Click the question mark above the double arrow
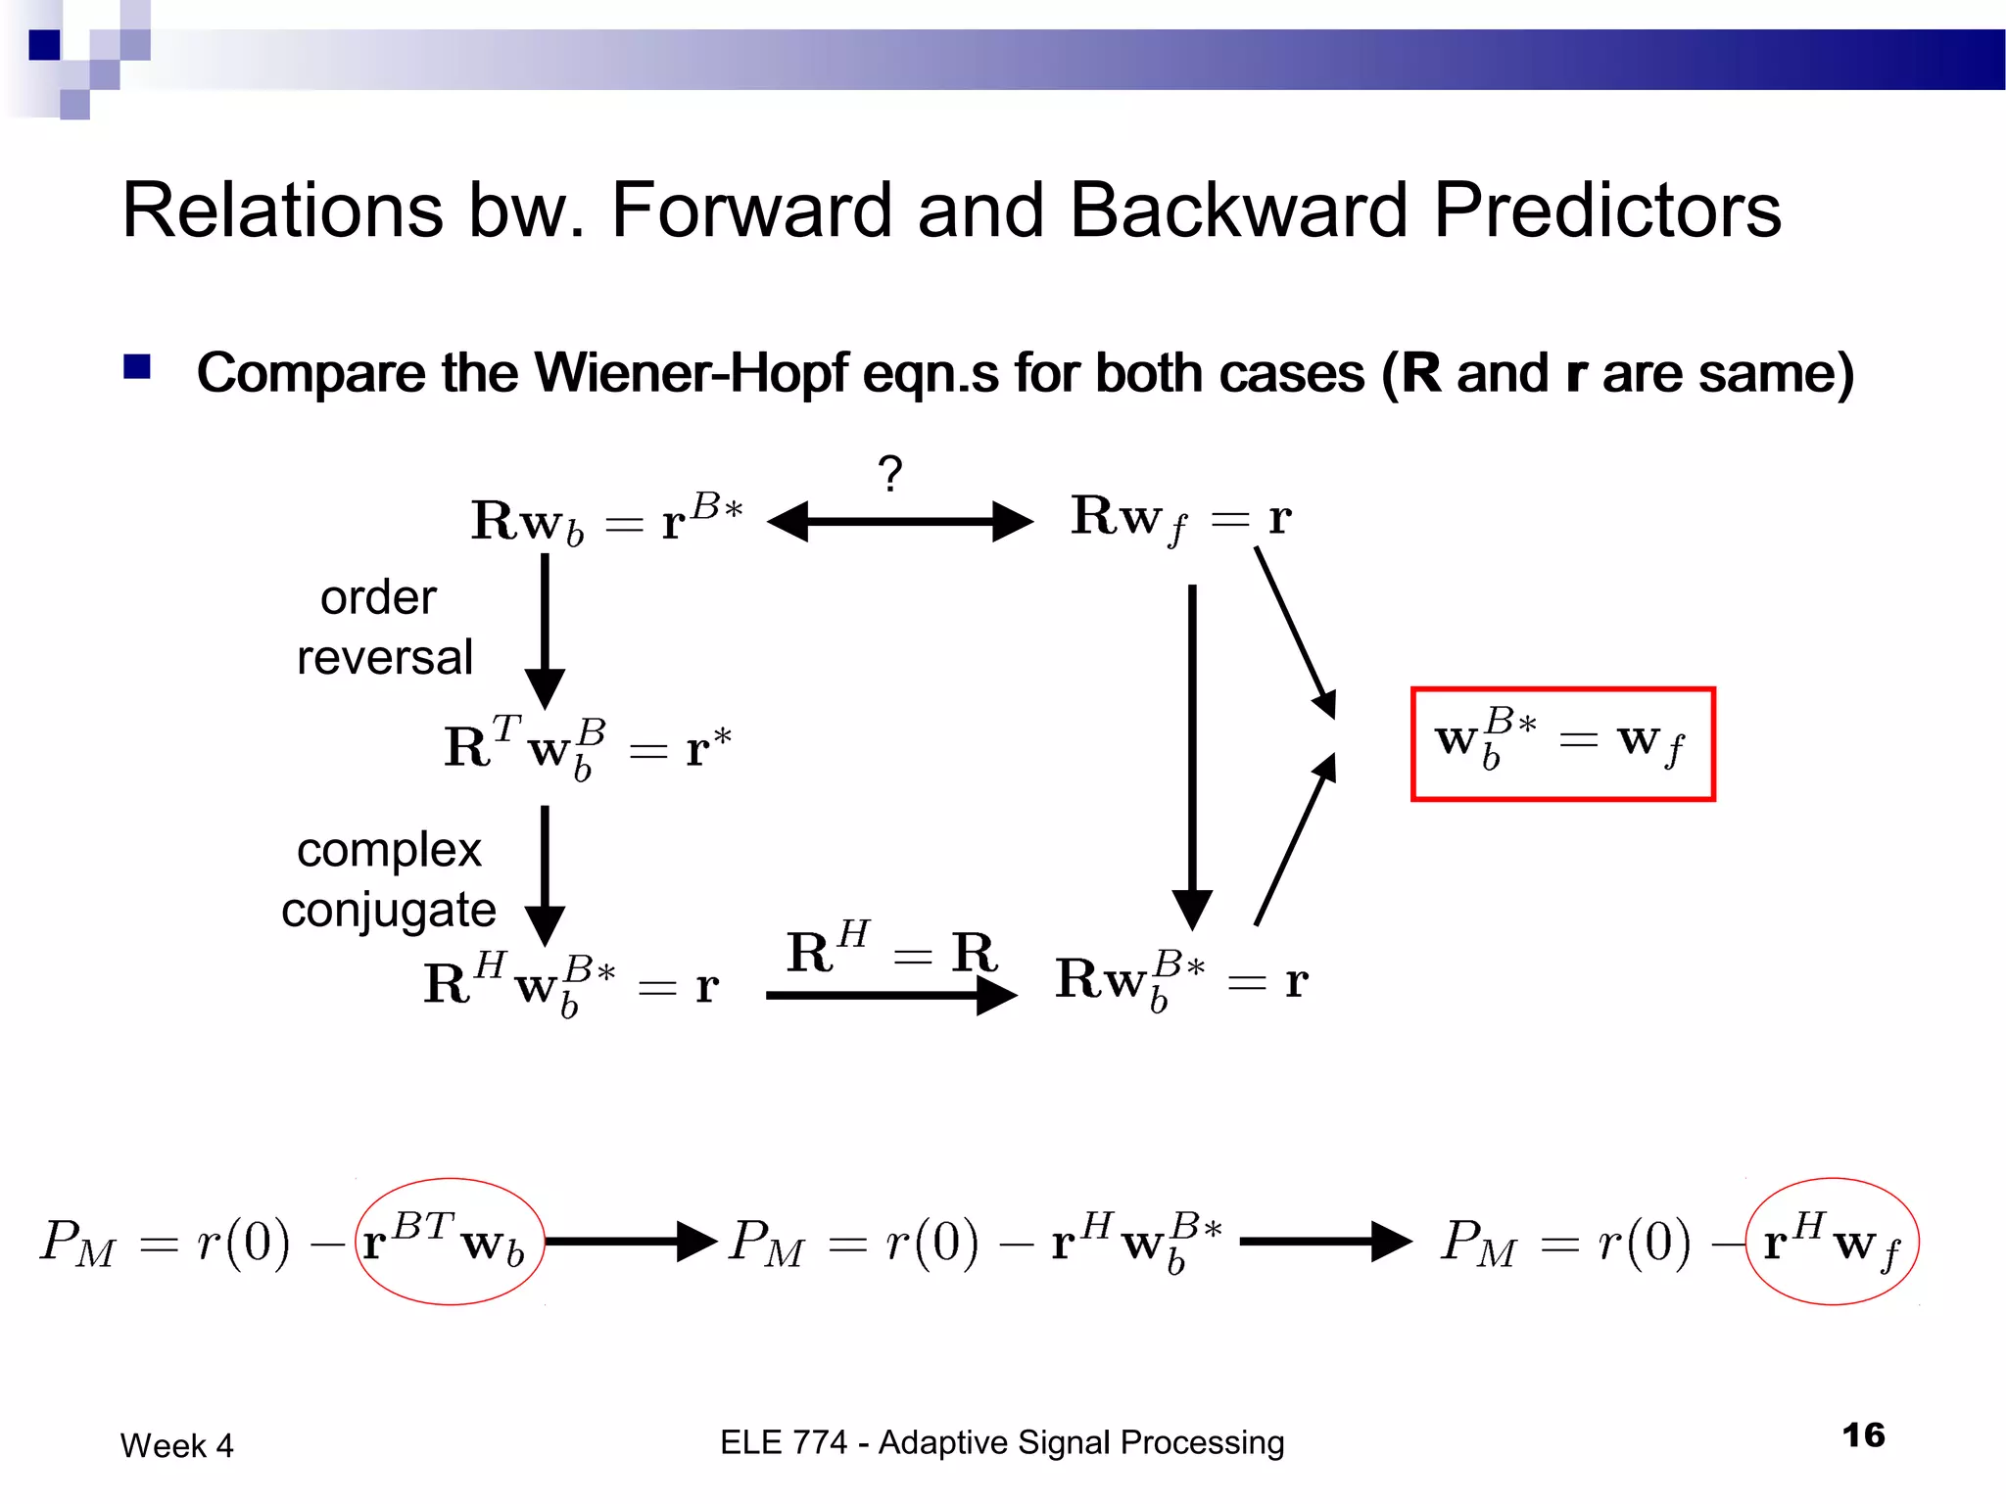point(889,474)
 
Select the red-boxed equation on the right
point(1562,744)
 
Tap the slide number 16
point(1863,1435)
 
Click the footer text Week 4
point(177,1446)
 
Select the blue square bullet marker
point(137,367)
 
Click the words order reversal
point(384,627)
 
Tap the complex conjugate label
point(389,879)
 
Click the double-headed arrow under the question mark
point(899,522)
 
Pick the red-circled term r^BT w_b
point(449,1242)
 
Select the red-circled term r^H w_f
point(1832,1242)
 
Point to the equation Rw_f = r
point(1180,518)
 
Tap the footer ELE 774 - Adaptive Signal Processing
point(1002,1442)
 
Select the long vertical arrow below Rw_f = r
point(1192,754)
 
